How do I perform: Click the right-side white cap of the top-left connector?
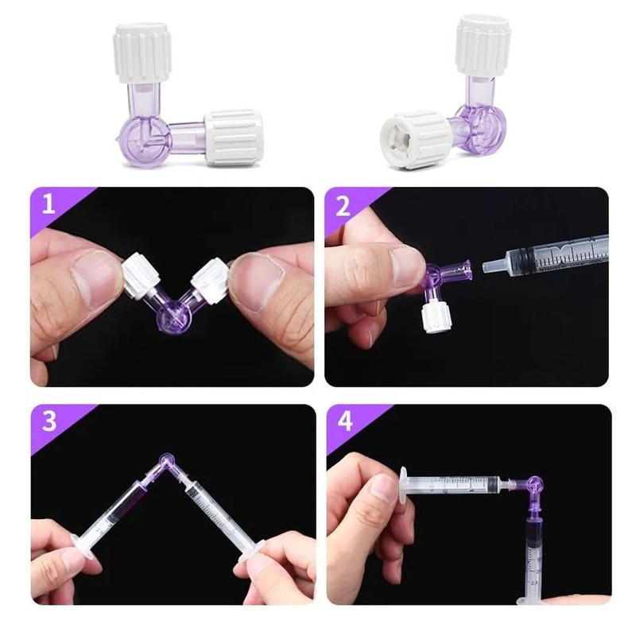click(233, 138)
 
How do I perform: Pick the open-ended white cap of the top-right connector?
click(413, 140)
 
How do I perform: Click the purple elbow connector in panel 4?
click(532, 486)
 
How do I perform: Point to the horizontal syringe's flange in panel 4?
click(406, 483)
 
